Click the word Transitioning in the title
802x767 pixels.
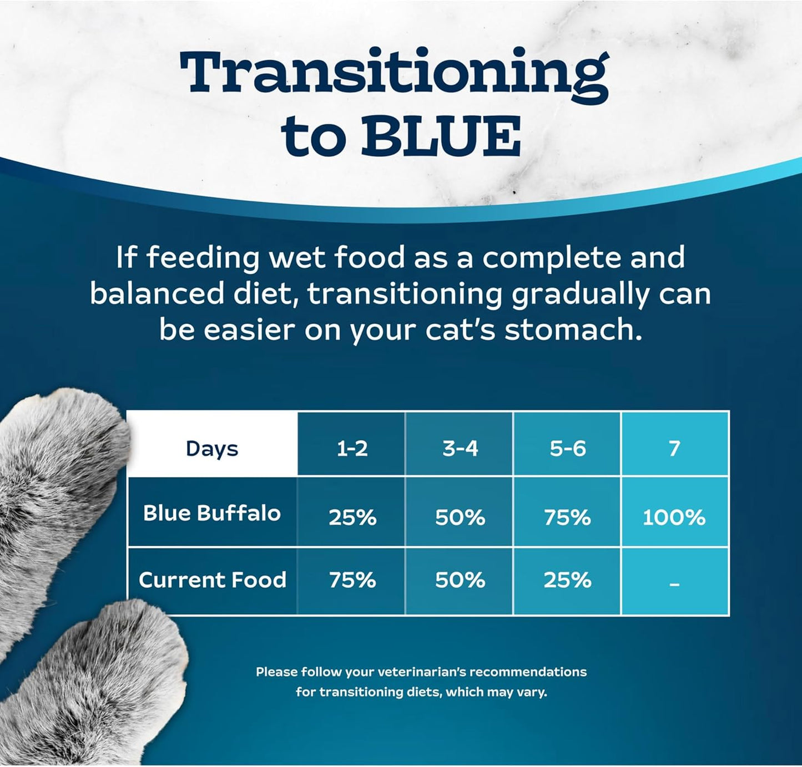click(394, 73)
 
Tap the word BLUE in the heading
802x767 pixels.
click(441, 136)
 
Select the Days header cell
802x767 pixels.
click(212, 448)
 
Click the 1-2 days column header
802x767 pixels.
click(352, 448)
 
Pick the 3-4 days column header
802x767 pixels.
click(460, 448)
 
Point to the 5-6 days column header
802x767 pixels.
click(567, 448)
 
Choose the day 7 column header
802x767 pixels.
click(674, 448)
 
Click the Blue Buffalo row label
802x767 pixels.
click(212, 513)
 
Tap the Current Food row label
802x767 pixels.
click(212, 580)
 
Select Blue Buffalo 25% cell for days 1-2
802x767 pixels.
click(352, 517)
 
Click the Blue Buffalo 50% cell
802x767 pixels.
click(460, 517)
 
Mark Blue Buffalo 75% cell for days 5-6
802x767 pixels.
click(567, 517)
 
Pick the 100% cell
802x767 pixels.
click(674, 517)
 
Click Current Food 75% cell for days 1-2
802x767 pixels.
click(352, 580)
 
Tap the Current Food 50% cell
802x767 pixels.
click(460, 580)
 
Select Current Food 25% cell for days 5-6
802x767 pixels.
click(567, 580)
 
